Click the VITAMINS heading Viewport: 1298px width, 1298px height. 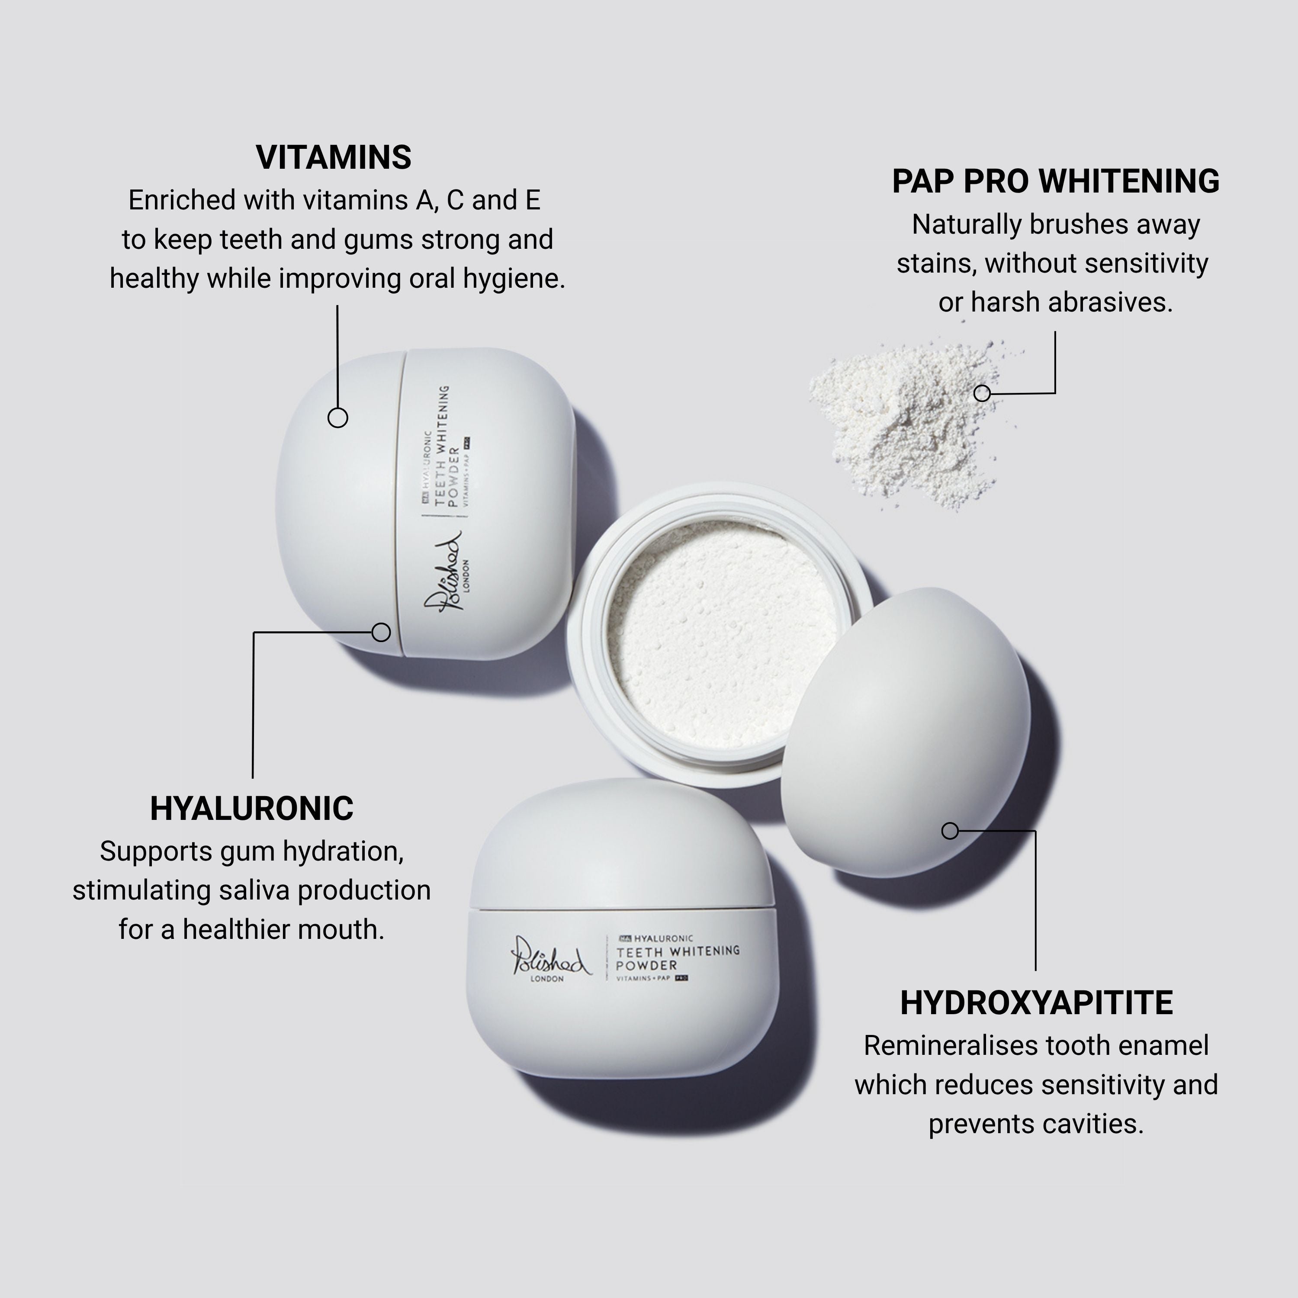click(333, 157)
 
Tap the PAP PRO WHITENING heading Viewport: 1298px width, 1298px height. click(1055, 181)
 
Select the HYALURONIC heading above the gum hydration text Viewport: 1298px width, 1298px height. click(251, 808)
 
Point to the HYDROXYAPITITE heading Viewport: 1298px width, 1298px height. click(1036, 1003)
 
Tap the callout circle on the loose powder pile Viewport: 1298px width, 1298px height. click(982, 393)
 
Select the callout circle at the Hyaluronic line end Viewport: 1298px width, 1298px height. click(381, 632)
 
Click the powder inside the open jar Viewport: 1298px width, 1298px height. click(722, 635)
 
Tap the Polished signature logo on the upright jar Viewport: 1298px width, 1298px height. click(549, 956)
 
